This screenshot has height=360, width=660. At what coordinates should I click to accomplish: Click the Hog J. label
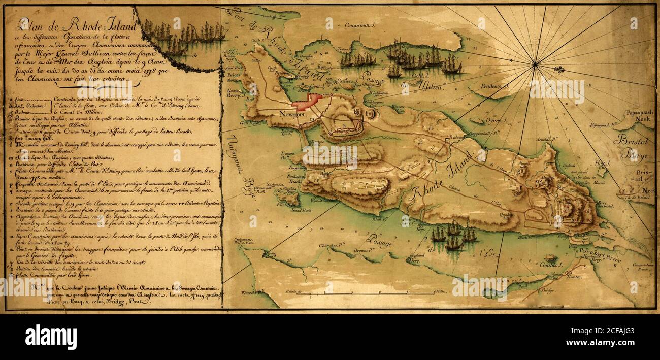pos(602,163)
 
